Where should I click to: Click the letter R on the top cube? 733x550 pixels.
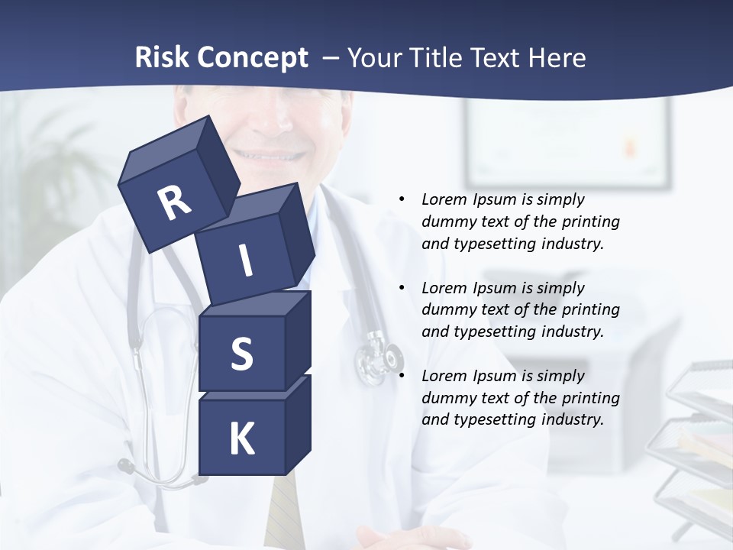click(x=174, y=202)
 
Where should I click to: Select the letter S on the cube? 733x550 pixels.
click(x=241, y=354)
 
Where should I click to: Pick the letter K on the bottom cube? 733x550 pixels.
click(x=241, y=439)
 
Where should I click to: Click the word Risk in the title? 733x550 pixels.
click(x=162, y=57)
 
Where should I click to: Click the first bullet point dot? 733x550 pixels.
click(x=402, y=199)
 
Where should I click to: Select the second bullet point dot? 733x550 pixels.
click(x=402, y=288)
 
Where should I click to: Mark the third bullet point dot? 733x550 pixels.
click(x=402, y=376)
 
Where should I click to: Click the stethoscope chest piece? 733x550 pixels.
click(x=379, y=357)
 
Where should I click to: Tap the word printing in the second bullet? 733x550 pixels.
click(x=591, y=310)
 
